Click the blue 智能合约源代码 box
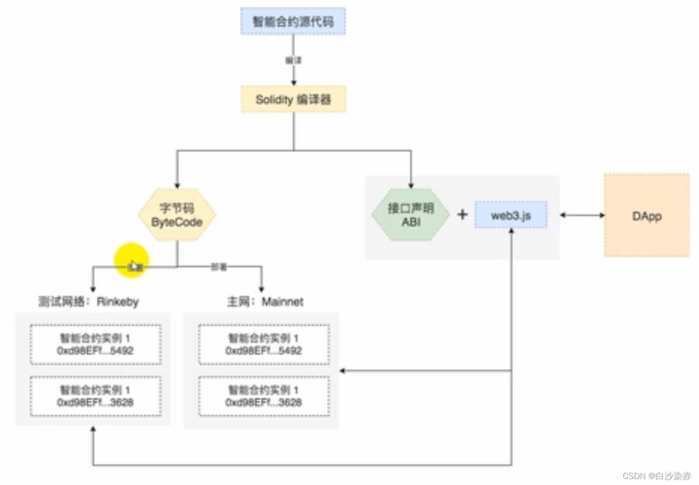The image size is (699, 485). tap(293, 22)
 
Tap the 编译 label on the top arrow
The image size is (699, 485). tap(293, 60)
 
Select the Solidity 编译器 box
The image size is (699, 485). tap(293, 99)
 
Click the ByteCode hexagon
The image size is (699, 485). tap(177, 215)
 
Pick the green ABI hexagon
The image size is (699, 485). tap(411, 215)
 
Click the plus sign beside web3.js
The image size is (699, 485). tap(462, 215)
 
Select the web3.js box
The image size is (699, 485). tap(511, 216)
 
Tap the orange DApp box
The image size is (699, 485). tap(647, 216)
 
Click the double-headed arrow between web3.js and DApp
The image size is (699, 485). tap(582, 215)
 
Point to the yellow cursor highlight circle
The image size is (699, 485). tap(131, 260)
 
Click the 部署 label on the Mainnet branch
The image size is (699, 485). tap(219, 267)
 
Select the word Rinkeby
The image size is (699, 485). tap(118, 301)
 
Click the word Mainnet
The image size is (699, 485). tap(282, 301)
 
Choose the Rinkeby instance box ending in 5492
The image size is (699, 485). tap(95, 345)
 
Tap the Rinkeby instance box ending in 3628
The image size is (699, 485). tap(95, 396)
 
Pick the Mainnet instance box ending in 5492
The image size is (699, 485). tap(264, 345)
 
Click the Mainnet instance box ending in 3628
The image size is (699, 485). tap(264, 396)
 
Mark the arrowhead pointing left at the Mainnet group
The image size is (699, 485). tap(342, 371)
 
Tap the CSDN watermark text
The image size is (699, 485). tap(656, 475)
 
